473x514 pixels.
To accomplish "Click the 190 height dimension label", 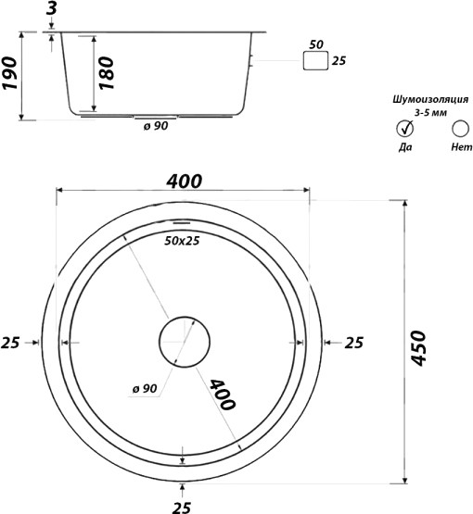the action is coord(9,73).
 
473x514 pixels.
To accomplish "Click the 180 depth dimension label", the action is coord(107,73).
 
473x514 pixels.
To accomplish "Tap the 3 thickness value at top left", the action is coord(52,8).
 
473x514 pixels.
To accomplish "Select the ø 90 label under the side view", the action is coord(156,126).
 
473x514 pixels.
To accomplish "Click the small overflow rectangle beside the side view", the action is coord(315,60).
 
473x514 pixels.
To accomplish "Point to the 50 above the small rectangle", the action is coord(316,44).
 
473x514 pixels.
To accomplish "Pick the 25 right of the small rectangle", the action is coord(339,60).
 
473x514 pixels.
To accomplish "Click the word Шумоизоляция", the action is coord(430,99).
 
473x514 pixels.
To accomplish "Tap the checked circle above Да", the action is coord(405,128).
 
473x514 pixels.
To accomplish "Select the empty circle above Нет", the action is coord(460,129).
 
